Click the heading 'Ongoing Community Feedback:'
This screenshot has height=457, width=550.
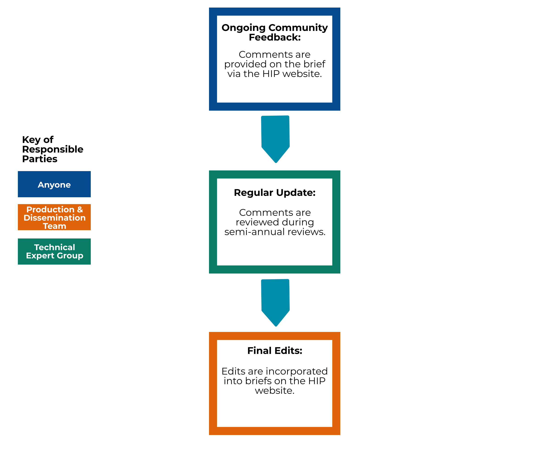275,33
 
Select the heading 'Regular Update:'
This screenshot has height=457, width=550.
275,193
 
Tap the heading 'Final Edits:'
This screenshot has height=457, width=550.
275,350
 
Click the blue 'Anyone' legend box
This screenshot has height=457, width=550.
54,184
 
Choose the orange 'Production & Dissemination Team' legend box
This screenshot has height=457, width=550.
54,217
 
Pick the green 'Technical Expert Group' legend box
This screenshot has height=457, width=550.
54,251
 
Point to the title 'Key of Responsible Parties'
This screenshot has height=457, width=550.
53,149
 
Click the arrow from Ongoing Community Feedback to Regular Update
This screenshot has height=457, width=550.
275,139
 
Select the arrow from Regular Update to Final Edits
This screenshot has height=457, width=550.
275,303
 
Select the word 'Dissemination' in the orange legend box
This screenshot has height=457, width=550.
55,218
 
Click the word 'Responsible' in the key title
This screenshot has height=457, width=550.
53,149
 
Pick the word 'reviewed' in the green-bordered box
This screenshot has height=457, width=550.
257,222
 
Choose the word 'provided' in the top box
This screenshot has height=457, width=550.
245,64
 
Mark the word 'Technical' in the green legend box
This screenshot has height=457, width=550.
55,247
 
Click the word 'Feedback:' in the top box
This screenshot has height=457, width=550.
275,37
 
